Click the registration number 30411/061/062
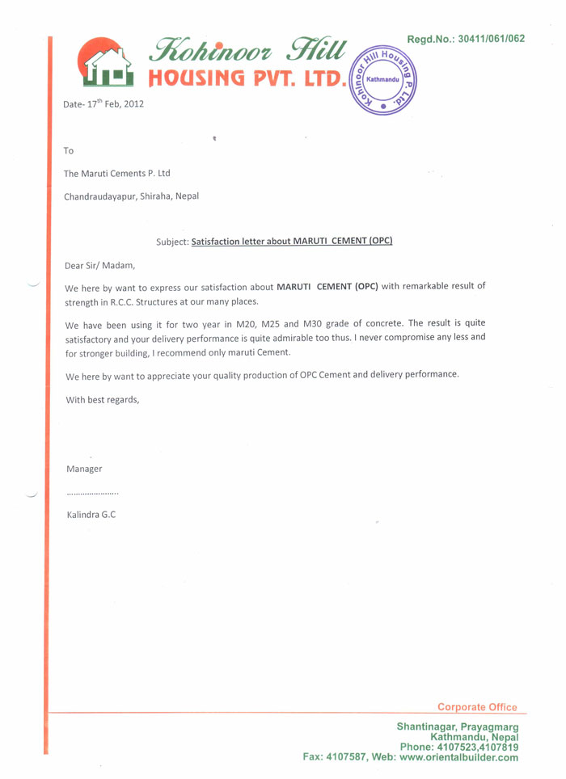(x=491, y=38)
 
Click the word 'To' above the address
(x=69, y=150)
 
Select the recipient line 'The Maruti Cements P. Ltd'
(x=117, y=173)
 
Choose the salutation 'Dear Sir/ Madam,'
(x=99, y=264)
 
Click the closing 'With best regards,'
(x=102, y=398)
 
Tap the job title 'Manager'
(x=84, y=469)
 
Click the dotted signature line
(x=93, y=493)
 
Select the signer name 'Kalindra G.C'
(x=91, y=515)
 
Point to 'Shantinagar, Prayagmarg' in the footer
(x=457, y=726)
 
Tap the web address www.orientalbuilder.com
(x=458, y=757)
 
